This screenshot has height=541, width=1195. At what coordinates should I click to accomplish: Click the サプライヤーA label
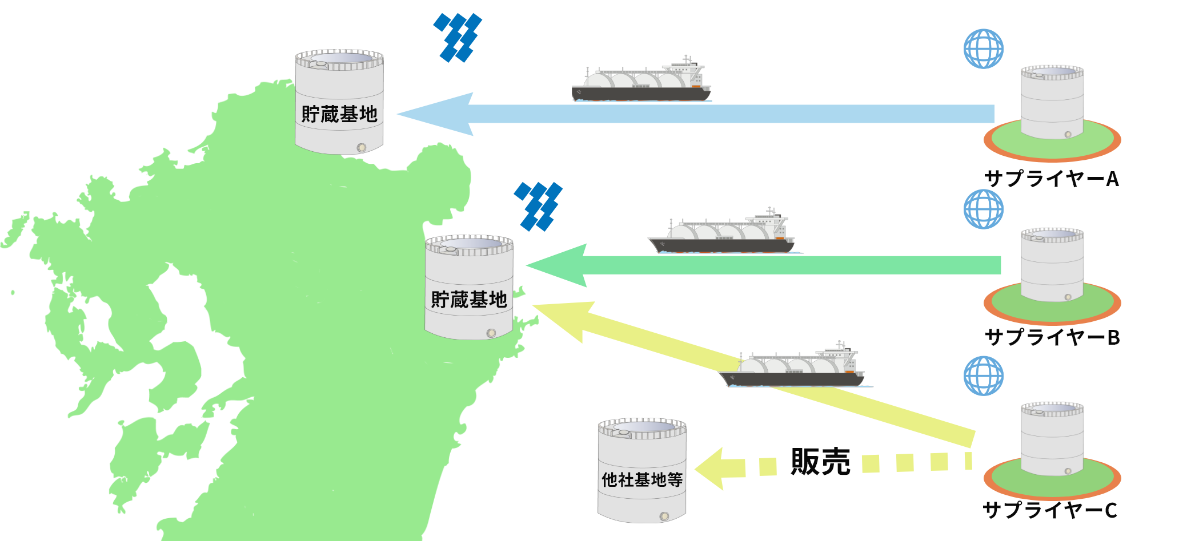(1051, 179)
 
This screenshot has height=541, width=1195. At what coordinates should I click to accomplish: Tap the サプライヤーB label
(1052, 337)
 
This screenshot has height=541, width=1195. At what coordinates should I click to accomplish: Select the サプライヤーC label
(1049, 510)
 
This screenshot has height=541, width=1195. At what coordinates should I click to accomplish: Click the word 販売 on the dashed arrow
(820, 462)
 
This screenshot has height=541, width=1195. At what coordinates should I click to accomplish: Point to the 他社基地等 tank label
(642, 480)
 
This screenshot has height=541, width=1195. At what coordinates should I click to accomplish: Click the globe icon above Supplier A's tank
(983, 49)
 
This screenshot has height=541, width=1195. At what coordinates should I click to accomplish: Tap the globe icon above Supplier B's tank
(983, 209)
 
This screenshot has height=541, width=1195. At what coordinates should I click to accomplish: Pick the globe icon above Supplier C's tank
(983, 376)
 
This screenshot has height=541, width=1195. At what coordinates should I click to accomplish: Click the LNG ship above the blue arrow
(641, 83)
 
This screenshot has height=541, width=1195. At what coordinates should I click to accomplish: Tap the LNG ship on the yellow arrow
(793, 368)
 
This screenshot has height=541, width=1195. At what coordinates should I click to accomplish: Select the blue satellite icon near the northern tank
(458, 38)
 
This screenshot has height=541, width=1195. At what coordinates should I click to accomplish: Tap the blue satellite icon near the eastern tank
(538, 207)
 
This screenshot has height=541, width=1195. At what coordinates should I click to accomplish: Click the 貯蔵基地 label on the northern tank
(339, 114)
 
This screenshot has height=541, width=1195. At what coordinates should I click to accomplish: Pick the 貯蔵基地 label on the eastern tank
(469, 300)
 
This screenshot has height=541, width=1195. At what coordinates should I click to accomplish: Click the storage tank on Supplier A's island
(1052, 103)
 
